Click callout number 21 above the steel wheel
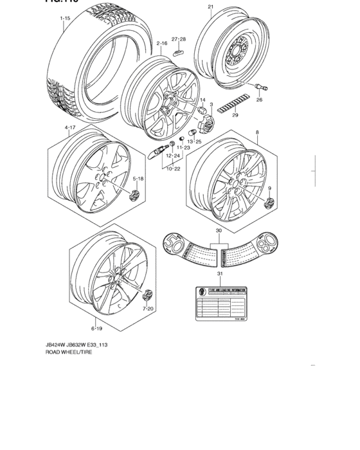click(x=210, y=7)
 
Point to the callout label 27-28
click(x=178, y=39)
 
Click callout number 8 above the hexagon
click(x=257, y=132)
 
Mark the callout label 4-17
click(x=70, y=128)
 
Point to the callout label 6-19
click(x=94, y=328)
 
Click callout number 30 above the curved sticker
click(x=219, y=231)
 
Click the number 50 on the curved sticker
click(x=173, y=244)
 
